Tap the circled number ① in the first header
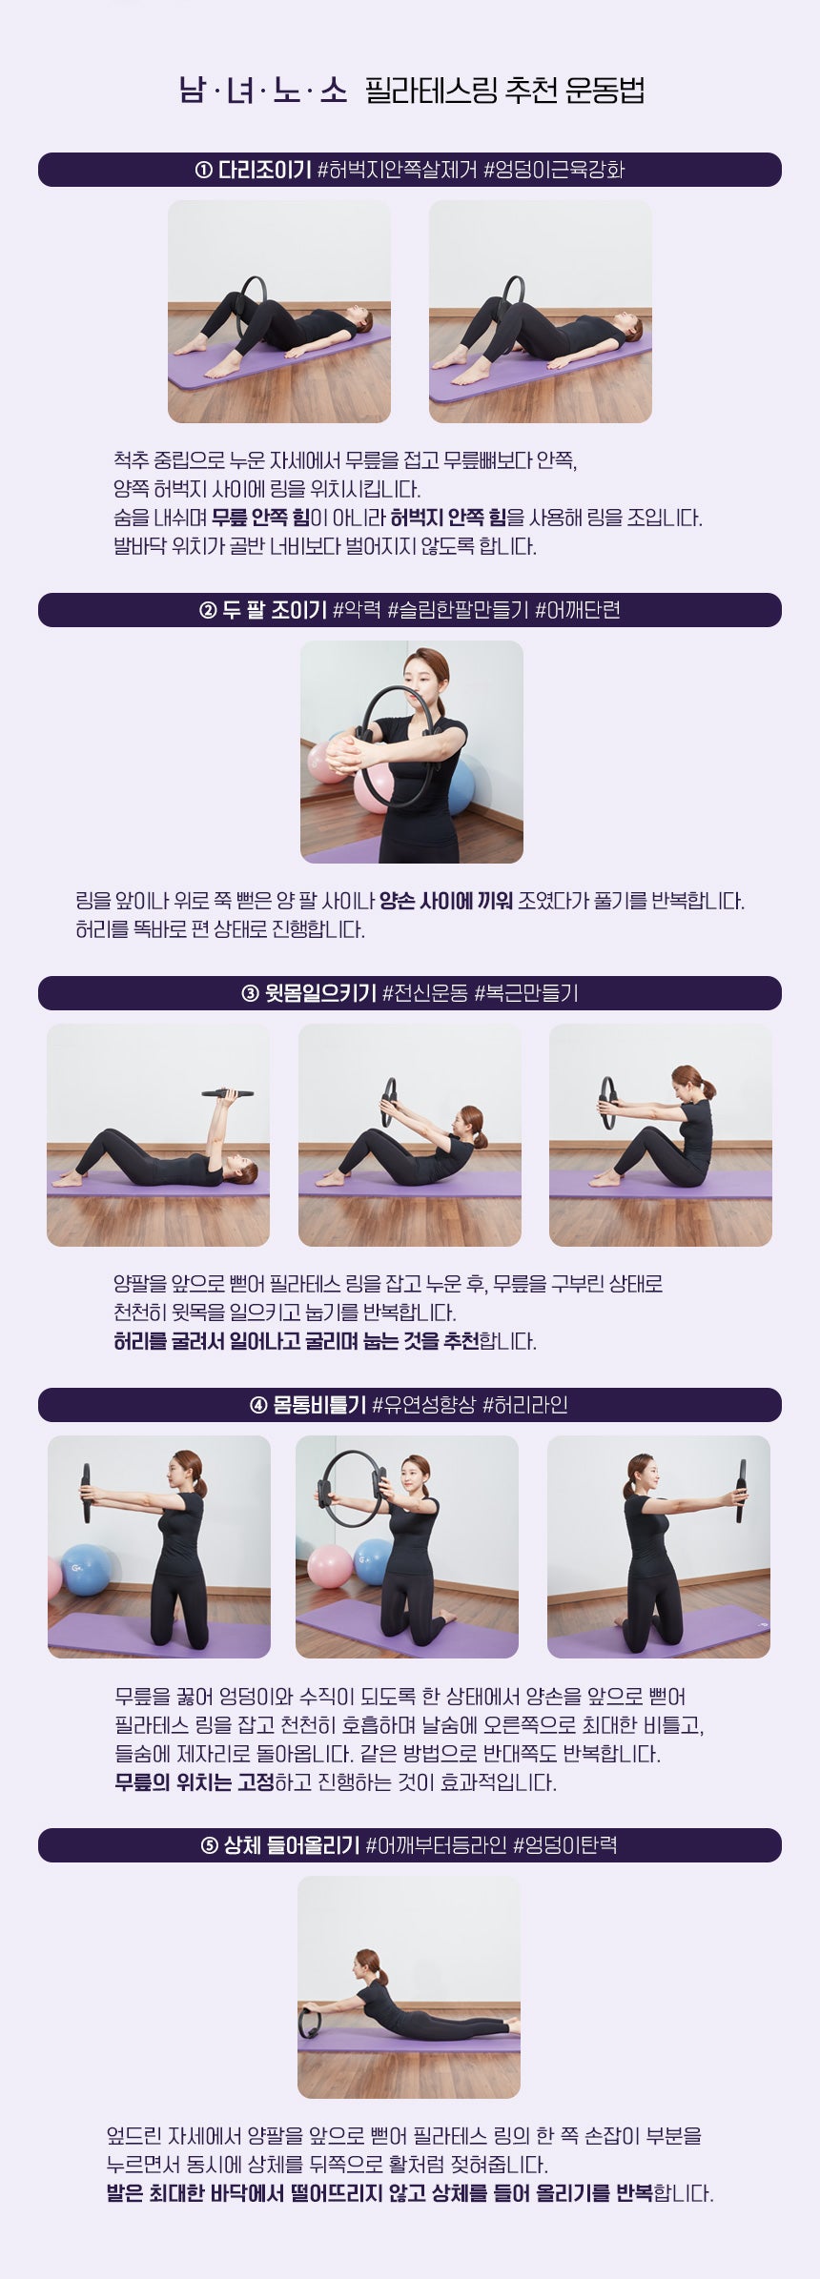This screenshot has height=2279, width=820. [x=203, y=171]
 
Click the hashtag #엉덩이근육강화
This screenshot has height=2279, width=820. [x=554, y=171]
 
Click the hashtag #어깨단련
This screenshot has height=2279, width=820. [x=578, y=610]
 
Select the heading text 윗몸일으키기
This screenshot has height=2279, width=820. [x=320, y=993]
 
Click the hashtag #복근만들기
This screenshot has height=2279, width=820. [x=526, y=993]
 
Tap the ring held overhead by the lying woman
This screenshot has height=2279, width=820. [x=228, y=1093]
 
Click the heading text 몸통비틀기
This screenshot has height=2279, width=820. [x=319, y=1405]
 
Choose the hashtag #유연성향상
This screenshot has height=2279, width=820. [x=423, y=1405]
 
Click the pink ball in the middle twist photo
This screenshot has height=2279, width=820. [x=330, y=1566]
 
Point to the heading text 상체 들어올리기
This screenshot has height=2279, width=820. [x=292, y=1845]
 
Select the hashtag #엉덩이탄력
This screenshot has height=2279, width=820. [x=564, y=1845]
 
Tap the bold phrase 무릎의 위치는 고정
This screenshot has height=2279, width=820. [x=195, y=1781]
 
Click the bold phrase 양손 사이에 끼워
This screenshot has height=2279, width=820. [x=445, y=901]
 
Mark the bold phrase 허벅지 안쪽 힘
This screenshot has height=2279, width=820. [x=448, y=518]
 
